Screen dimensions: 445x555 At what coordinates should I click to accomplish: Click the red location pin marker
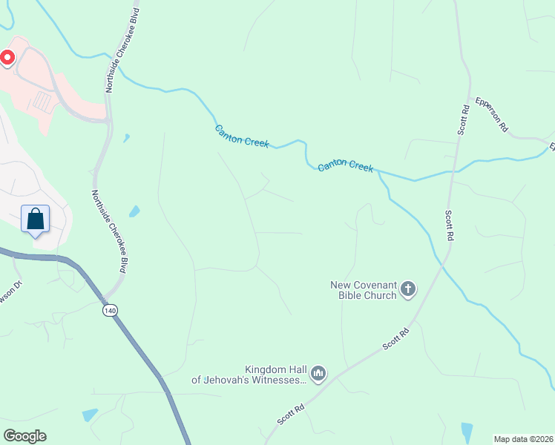(x=7, y=58)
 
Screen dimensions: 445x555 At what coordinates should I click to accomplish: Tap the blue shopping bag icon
(x=35, y=219)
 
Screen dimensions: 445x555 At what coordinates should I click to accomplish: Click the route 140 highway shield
(x=110, y=311)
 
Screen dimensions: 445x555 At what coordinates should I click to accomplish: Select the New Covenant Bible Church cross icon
(x=408, y=289)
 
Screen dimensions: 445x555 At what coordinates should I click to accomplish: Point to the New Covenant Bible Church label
(x=364, y=289)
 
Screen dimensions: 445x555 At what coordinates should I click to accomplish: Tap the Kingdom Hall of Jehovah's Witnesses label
(x=249, y=375)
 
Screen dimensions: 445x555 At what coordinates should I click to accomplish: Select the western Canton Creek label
(x=242, y=136)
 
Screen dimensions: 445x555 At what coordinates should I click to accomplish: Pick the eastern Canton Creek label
(x=345, y=167)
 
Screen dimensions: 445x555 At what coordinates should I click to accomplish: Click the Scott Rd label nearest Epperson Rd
(x=464, y=119)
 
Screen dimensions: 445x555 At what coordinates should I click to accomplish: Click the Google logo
(x=24, y=435)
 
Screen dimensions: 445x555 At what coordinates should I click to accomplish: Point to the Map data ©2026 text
(x=523, y=439)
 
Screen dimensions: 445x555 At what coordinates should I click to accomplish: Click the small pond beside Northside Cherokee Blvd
(x=134, y=211)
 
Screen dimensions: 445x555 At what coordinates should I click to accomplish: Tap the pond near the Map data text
(x=466, y=431)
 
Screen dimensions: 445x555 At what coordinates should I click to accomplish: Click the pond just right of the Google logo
(x=90, y=415)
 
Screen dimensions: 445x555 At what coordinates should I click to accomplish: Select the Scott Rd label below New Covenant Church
(x=395, y=340)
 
